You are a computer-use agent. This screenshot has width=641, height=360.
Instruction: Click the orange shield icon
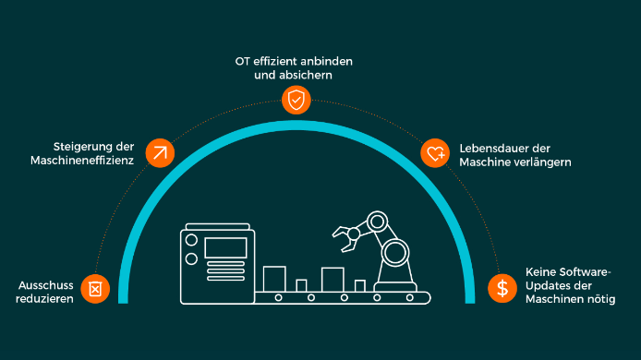pyautogui.click(x=296, y=100)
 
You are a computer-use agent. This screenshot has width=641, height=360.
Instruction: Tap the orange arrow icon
pyautogui.click(x=160, y=153)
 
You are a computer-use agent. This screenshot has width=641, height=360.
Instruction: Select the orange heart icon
pyautogui.click(x=435, y=153)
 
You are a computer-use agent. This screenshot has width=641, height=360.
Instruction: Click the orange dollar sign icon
pyautogui.click(x=502, y=288)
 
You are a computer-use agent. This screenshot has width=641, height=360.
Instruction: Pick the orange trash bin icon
pyautogui.click(x=95, y=289)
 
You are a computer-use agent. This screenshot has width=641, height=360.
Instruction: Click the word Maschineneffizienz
pyautogui.click(x=82, y=161)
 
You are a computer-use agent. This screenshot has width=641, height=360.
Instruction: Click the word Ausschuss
pyautogui.click(x=46, y=285)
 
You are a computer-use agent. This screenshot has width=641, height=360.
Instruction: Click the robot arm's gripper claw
pyautogui.click(x=345, y=238)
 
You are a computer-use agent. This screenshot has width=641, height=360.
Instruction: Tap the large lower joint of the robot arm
pyautogui.click(x=395, y=252)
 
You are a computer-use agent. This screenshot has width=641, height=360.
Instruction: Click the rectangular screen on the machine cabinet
pyautogui.click(x=225, y=247)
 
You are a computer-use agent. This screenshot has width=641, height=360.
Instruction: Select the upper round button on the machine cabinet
pyautogui.click(x=191, y=240)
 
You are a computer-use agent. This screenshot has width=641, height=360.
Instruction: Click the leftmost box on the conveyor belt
pyautogui.click(x=274, y=279)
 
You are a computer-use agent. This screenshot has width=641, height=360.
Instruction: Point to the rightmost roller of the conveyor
pyautogui.click(x=409, y=298)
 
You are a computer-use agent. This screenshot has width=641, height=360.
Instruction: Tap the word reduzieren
pyautogui.click(x=44, y=299)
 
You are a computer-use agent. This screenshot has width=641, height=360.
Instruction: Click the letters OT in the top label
pyautogui.click(x=242, y=62)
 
